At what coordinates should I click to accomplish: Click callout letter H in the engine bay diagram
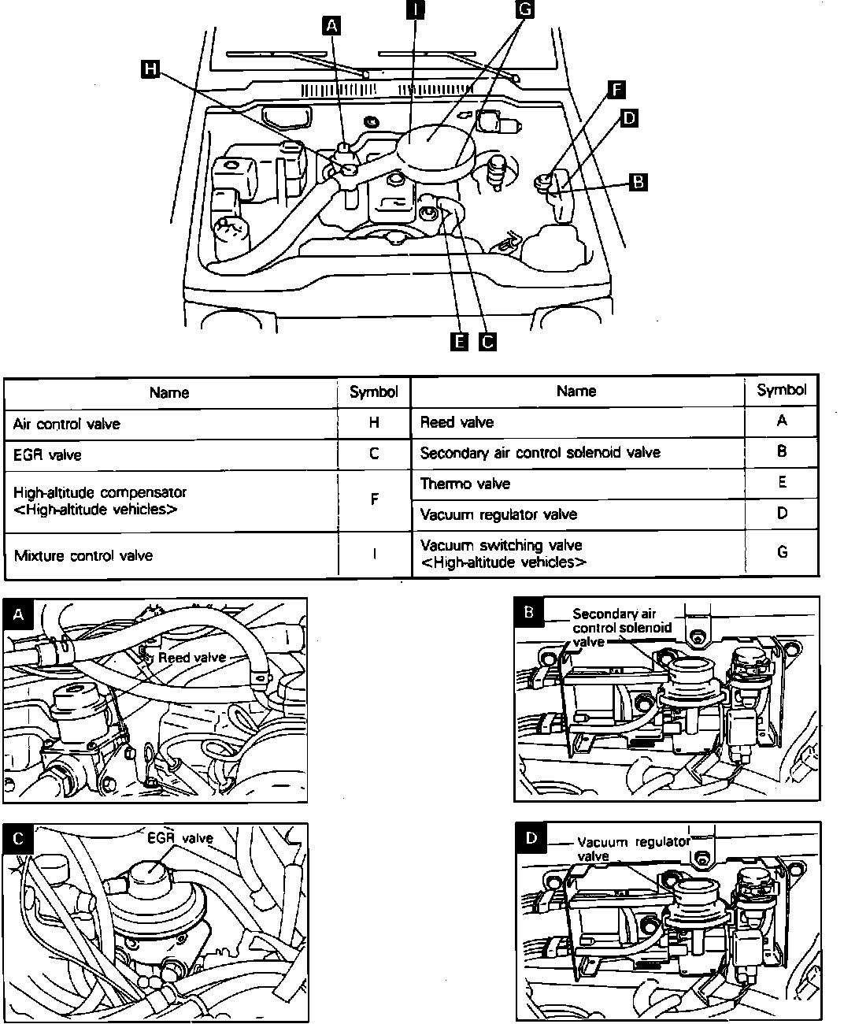tap(148, 70)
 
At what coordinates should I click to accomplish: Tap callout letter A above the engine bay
tap(332, 26)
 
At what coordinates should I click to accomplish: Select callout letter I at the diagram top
tap(414, 9)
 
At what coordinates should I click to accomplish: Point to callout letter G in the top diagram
tap(524, 9)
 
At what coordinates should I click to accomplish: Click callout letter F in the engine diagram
tap(616, 88)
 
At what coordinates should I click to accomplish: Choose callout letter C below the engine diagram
tap(487, 341)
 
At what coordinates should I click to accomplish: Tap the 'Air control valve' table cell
tap(67, 424)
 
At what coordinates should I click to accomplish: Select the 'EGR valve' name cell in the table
tap(47, 454)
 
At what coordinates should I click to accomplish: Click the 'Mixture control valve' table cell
tap(83, 555)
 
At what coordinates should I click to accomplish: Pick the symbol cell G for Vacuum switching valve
tap(782, 552)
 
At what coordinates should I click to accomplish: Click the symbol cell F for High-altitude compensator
tap(375, 499)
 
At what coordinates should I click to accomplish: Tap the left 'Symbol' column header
tap(374, 391)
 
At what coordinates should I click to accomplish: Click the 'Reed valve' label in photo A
tap(191, 658)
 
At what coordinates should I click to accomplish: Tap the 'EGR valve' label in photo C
tap(180, 838)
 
